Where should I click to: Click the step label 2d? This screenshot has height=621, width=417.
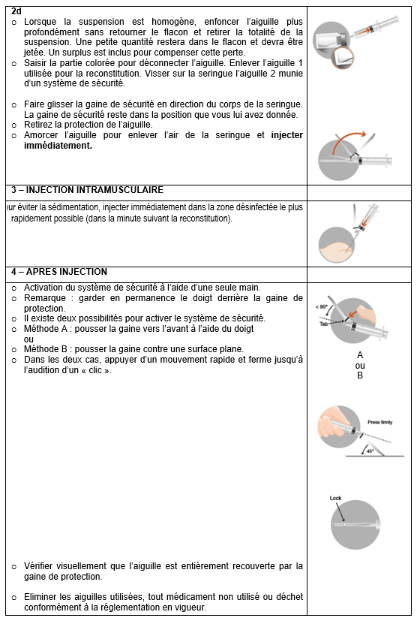pyautogui.click(x=16, y=11)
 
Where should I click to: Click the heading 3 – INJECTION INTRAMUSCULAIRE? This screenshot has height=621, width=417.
pyautogui.click(x=87, y=190)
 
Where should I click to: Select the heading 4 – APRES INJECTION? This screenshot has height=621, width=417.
pyautogui.click(x=59, y=272)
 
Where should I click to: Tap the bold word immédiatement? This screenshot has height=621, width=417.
pyautogui.click(x=58, y=146)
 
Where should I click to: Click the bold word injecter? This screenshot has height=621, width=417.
pyautogui.click(x=286, y=135)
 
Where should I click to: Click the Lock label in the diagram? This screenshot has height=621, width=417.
pyautogui.click(x=335, y=498)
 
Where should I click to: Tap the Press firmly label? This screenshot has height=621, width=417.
pyautogui.click(x=379, y=422)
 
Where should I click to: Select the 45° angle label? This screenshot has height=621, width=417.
pyautogui.click(x=370, y=451)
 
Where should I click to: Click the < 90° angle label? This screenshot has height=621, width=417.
pyautogui.click(x=321, y=307)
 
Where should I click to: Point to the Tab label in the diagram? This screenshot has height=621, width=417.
pyautogui.click(x=324, y=324)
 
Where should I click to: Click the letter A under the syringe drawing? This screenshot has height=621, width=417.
pyautogui.click(x=360, y=355)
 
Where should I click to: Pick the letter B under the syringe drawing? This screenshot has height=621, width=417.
pyautogui.click(x=360, y=375)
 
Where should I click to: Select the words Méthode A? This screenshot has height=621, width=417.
pyautogui.click(x=46, y=329)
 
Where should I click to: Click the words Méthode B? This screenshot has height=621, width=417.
pyautogui.click(x=46, y=349)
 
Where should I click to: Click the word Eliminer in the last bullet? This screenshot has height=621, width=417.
pyautogui.click(x=40, y=597)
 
